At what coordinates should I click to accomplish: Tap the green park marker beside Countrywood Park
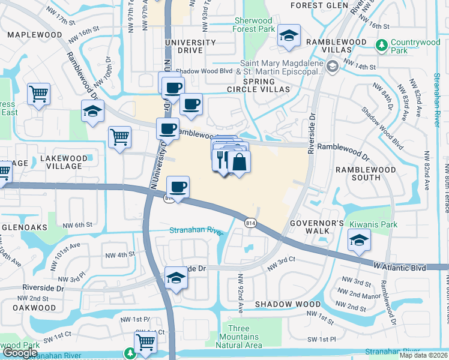click(381, 46)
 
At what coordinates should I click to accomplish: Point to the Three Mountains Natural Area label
click(238, 337)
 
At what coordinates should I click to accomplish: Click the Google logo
click(20, 353)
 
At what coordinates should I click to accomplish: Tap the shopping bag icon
click(239, 162)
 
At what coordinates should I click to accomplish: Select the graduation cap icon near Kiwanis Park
click(359, 241)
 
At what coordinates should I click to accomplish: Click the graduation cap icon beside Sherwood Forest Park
click(288, 36)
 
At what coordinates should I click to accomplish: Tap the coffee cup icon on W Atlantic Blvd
click(178, 187)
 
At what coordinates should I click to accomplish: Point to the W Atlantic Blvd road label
click(399, 265)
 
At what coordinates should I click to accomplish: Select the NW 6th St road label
click(78, 224)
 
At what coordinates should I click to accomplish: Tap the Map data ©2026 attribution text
click(423, 355)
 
